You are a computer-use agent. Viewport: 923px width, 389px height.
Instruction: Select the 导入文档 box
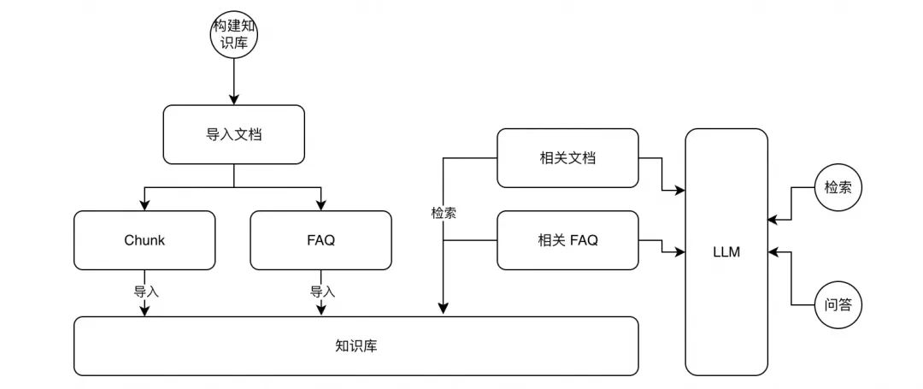pyautogui.click(x=233, y=134)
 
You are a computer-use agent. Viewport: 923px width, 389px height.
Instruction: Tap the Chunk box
pyautogui.click(x=144, y=240)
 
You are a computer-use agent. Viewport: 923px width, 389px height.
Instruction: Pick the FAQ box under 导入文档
pyautogui.click(x=320, y=240)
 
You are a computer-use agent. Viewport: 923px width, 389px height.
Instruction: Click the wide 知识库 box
pyautogui.click(x=356, y=346)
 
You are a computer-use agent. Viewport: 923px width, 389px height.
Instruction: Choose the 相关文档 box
pyautogui.click(x=567, y=158)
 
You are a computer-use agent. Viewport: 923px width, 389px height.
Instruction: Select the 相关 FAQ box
pyautogui.click(x=567, y=240)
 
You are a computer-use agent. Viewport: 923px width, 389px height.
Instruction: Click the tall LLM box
pyautogui.click(x=726, y=252)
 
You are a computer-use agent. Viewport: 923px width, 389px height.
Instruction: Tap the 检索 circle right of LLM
pyautogui.click(x=838, y=187)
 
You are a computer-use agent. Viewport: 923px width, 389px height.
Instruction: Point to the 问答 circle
pyautogui.click(x=838, y=304)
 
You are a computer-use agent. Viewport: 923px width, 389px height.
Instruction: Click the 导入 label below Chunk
pyautogui.click(x=146, y=292)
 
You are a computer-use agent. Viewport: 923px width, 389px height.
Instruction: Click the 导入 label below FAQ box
pyautogui.click(x=322, y=292)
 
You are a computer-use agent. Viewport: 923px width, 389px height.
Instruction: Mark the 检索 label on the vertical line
pyautogui.click(x=444, y=213)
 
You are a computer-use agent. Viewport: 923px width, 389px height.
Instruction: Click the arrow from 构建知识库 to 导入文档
pyautogui.click(x=233, y=81)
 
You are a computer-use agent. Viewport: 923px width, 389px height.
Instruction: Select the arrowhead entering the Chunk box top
pyautogui.click(x=144, y=205)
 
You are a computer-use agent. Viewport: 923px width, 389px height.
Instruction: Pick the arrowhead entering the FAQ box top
pyautogui.click(x=320, y=205)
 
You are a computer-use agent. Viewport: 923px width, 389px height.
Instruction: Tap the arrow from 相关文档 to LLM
pyautogui.click(x=662, y=175)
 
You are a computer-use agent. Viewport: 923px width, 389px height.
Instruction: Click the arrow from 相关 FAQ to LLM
pyautogui.click(x=662, y=248)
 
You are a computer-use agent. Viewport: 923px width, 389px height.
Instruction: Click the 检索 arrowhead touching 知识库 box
pyautogui.click(x=443, y=309)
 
